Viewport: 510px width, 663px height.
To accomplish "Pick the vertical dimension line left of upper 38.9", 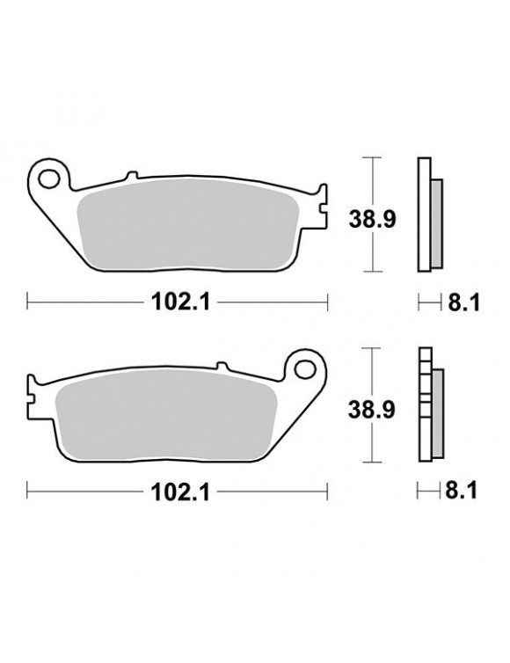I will [x=374, y=214].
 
